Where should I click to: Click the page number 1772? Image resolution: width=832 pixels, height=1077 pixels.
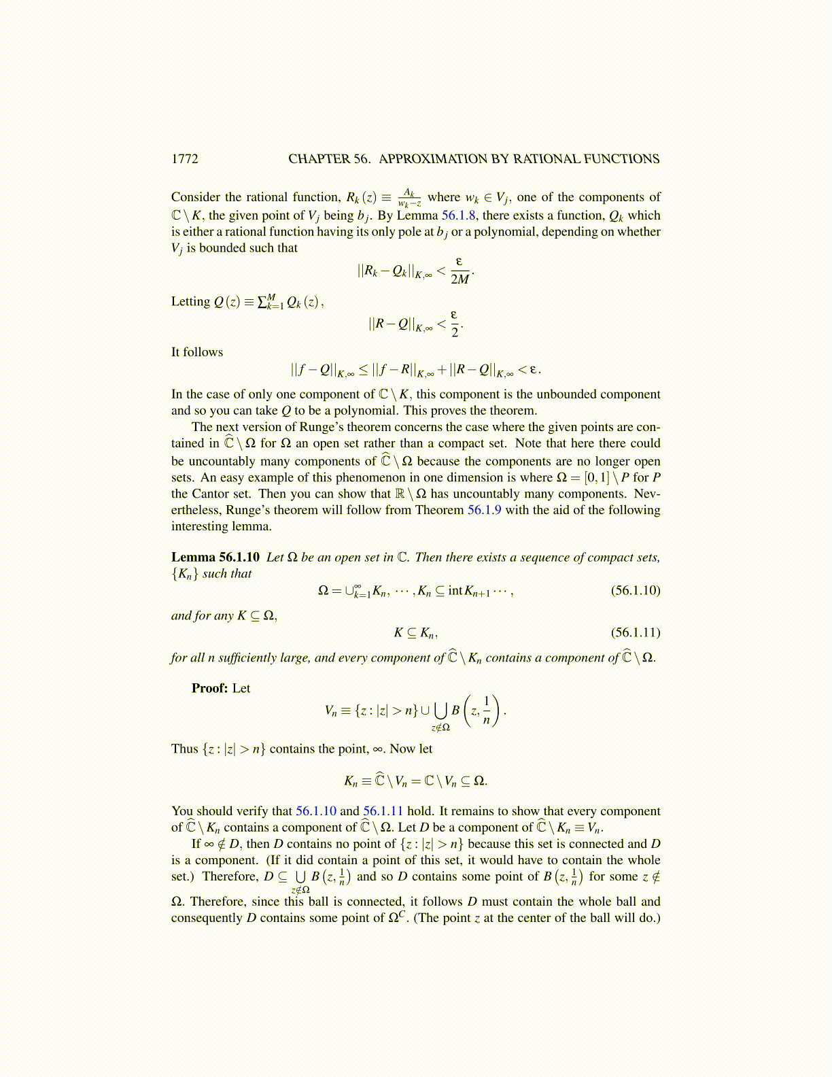[x=184, y=159]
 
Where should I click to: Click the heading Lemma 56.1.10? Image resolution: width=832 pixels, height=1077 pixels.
[x=215, y=558]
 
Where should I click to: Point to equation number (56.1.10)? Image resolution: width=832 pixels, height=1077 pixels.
[x=636, y=590]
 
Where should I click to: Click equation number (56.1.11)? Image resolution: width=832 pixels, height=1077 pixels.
[x=636, y=632]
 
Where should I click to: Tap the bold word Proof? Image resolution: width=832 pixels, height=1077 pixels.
[x=209, y=688]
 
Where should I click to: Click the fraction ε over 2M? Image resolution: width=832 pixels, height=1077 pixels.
[x=460, y=271]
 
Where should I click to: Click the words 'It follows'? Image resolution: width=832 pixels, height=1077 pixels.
[x=197, y=352]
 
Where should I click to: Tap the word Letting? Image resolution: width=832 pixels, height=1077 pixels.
[x=190, y=302]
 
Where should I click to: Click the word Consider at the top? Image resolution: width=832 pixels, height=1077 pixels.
[x=196, y=197]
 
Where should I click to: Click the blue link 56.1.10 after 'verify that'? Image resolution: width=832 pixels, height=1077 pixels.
[x=316, y=811]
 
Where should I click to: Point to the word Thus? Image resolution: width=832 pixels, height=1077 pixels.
[x=184, y=749]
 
